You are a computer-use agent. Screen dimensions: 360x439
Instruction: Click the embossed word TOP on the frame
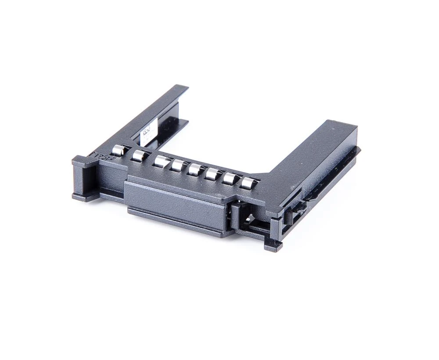[x=100, y=156]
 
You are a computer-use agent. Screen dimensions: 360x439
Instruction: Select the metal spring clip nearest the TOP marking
[x=118, y=151]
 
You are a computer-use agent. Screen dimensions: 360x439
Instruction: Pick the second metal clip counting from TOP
[x=139, y=155]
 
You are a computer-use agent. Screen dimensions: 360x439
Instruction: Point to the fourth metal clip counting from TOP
[x=178, y=166]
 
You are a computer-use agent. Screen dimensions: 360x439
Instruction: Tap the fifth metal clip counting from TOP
[x=195, y=169]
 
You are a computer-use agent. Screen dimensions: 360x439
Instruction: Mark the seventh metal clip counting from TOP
[x=230, y=178]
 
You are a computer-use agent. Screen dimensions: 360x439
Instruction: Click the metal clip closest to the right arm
[x=248, y=183]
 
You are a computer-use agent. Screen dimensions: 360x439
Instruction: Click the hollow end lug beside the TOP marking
[x=85, y=177]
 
